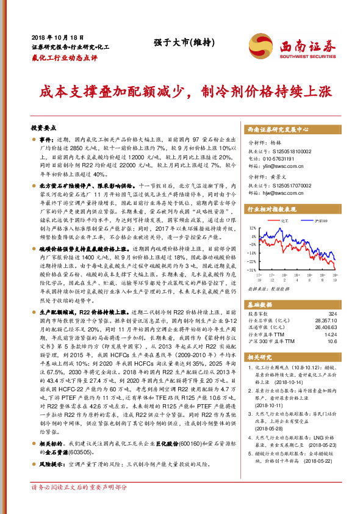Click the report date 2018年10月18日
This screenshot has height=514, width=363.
52,38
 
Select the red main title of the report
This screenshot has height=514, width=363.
181,92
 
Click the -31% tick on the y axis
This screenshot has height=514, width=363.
252,269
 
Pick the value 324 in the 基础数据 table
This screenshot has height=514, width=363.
332,313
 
